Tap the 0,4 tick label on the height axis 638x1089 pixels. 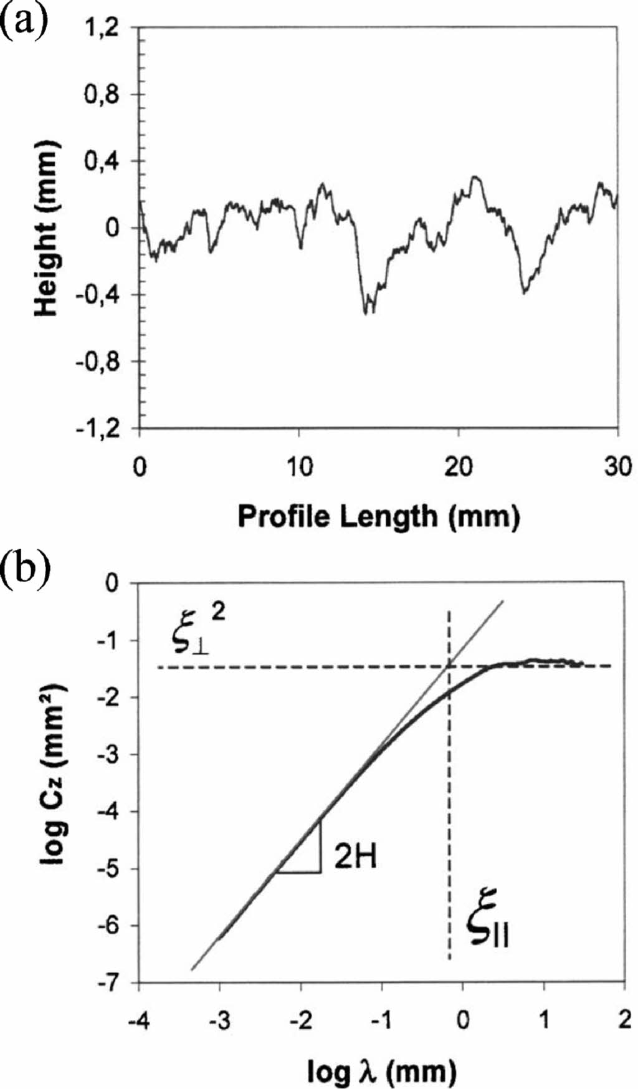pos(105,161)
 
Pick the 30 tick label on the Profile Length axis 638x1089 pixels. pos(617,466)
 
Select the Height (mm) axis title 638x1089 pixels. pos(47,228)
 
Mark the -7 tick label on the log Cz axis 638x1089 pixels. pos(112,983)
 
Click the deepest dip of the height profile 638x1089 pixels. pos(366,311)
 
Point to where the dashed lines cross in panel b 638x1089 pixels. pos(449,666)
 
